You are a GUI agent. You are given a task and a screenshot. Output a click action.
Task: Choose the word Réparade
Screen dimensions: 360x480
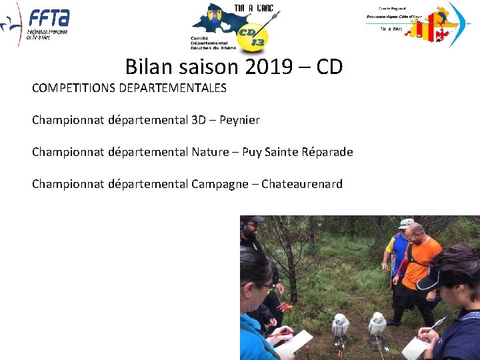pos(324,152)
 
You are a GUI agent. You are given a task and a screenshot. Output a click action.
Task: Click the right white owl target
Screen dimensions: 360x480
pos(377,323)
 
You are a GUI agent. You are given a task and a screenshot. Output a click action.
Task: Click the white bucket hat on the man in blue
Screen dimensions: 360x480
pos(406,223)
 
